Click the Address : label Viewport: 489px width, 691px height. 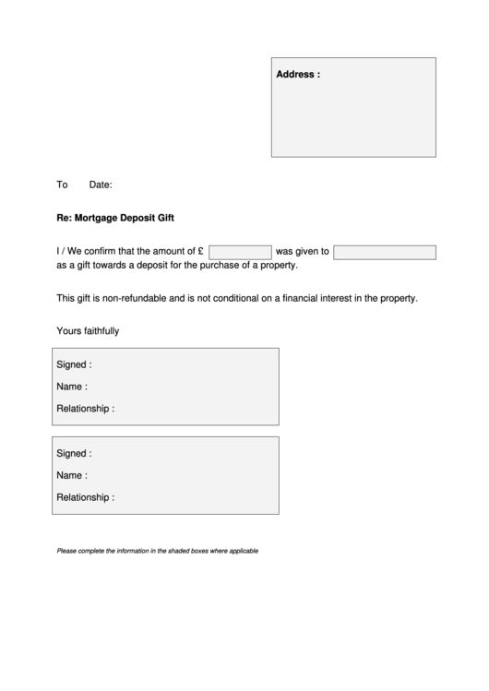(298, 75)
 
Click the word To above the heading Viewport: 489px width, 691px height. (63, 185)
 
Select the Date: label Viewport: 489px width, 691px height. (101, 185)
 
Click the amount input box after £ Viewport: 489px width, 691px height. (240, 252)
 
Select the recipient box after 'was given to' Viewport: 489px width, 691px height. (384, 252)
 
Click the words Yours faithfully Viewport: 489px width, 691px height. (88, 330)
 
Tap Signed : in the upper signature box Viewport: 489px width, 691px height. (74, 364)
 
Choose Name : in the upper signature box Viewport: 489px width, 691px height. (72, 387)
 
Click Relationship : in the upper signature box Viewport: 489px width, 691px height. (86, 408)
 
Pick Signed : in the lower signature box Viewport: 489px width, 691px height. (74, 454)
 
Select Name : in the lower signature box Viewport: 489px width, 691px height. (72, 476)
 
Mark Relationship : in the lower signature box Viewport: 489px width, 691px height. (86, 497)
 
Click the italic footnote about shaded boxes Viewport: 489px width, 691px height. (157, 551)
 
